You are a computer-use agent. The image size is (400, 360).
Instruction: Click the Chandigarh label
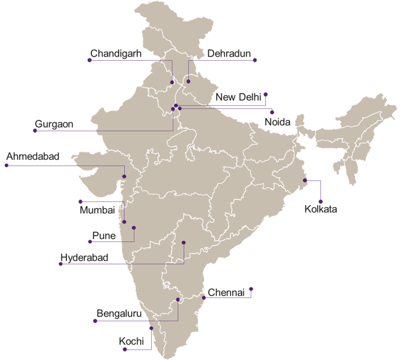click(x=116, y=54)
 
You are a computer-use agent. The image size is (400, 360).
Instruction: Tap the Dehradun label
click(x=229, y=54)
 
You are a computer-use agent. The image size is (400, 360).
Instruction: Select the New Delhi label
click(x=238, y=97)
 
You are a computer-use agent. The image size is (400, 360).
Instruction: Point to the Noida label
click(x=277, y=122)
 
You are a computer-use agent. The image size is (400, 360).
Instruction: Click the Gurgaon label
click(x=54, y=124)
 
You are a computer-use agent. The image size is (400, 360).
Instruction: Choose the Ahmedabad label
click(x=33, y=158)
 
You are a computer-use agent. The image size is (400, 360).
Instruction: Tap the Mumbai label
click(x=97, y=211)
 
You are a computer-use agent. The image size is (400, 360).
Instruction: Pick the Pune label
click(x=104, y=235)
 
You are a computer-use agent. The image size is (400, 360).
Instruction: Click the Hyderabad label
click(x=85, y=257)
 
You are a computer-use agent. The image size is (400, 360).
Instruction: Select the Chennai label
click(x=227, y=292)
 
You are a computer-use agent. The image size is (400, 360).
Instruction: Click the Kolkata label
click(x=321, y=209)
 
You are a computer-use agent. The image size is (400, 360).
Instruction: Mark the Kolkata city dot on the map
click(x=305, y=181)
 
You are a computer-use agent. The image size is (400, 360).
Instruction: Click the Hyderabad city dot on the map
click(x=184, y=243)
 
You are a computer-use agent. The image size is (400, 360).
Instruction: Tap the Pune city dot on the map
click(x=133, y=228)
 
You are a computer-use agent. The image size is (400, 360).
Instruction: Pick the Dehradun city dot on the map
click(x=189, y=81)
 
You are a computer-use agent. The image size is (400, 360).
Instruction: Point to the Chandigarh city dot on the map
click(x=173, y=83)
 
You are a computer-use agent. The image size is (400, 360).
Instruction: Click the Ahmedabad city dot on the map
click(x=125, y=177)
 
